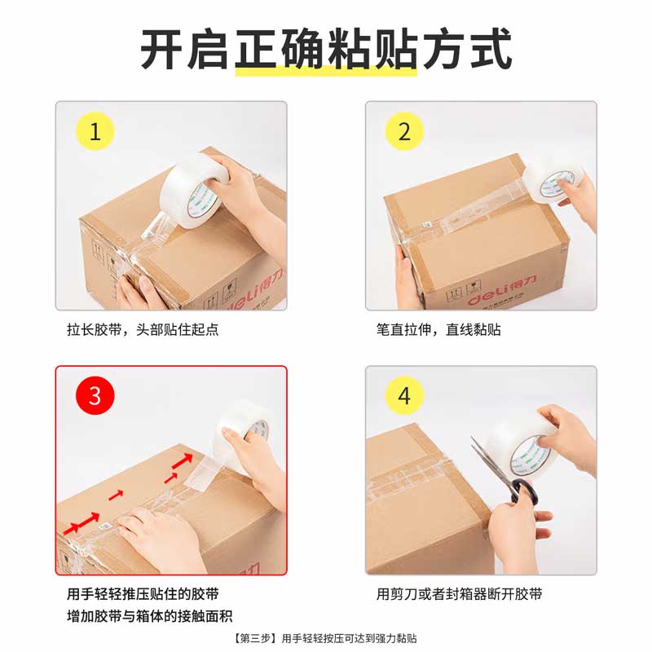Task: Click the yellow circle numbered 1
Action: [x=95, y=132]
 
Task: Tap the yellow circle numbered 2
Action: [x=405, y=132]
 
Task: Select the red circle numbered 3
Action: [x=95, y=396]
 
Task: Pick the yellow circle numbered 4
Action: [x=405, y=396]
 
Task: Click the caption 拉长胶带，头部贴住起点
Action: [x=143, y=330]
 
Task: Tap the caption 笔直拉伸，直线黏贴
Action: [x=438, y=330]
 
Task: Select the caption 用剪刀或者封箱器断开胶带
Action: [x=459, y=594]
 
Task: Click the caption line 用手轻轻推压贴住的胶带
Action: [x=143, y=594]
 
